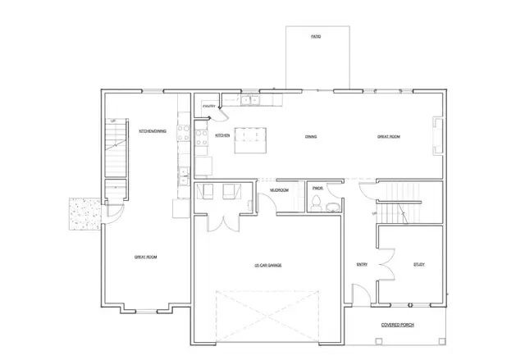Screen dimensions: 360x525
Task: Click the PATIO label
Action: (316, 37)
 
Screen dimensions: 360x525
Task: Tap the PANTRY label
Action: (209, 106)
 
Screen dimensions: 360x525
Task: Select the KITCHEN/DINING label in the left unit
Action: (153, 131)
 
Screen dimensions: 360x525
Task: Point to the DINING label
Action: (311, 137)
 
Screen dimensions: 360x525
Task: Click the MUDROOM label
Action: (280, 191)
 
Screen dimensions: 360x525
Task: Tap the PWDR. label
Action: (317, 189)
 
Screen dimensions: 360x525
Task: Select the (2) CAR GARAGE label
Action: (267, 265)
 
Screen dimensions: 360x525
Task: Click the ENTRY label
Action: (361, 264)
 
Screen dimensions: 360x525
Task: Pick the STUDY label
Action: (418, 264)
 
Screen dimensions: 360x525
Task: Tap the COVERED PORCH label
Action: (398, 325)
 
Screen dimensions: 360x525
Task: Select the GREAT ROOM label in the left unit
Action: (145, 257)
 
